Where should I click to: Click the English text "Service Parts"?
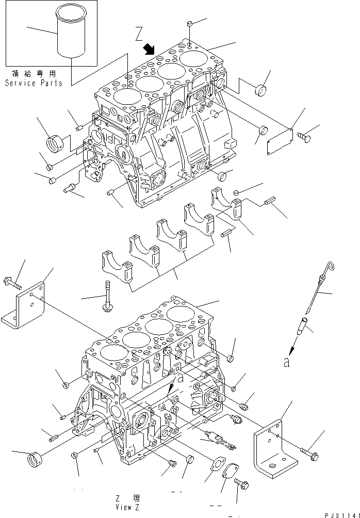point(34,83)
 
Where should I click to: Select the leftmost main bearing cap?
point(117,266)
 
